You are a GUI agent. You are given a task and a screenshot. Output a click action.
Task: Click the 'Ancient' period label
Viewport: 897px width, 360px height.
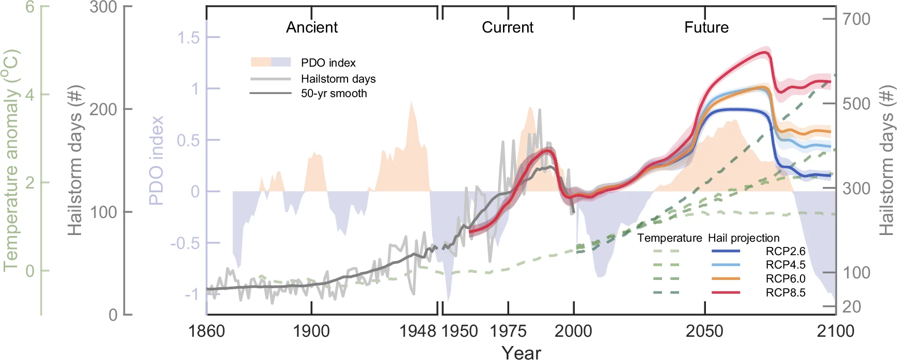(312, 27)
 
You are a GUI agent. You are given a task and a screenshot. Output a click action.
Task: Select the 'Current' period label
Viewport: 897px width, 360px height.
(507, 27)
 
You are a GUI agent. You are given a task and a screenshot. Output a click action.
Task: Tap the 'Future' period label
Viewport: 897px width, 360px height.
(706, 27)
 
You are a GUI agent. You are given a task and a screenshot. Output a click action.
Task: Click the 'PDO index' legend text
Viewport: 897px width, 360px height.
(328, 63)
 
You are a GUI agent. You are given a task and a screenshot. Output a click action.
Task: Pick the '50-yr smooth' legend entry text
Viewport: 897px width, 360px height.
(334, 93)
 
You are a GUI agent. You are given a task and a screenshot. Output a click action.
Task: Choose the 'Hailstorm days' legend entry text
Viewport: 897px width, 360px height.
(338, 79)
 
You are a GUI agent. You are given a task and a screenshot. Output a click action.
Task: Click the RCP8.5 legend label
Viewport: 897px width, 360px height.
(785, 293)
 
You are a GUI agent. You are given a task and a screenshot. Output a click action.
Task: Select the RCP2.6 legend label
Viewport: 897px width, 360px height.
(785, 252)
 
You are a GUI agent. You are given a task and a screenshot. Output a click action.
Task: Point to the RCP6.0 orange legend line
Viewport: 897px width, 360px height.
(726, 279)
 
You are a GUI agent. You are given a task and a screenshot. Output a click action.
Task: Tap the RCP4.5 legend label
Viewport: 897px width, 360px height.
(785, 265)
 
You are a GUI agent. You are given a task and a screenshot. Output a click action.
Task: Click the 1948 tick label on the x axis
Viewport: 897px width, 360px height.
(418, 331)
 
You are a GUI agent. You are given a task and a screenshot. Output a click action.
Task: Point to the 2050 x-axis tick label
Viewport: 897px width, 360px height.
(704, 331)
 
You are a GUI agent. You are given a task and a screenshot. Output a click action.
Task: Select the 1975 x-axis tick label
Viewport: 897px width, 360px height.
(508, 331)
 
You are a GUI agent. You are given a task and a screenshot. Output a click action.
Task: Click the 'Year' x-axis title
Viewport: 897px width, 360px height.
(521, 352)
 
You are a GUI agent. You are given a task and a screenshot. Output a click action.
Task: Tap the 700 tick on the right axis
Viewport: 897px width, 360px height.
(856, 19)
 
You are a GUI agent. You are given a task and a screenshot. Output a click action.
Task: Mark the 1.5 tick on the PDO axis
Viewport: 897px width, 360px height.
(188, 38)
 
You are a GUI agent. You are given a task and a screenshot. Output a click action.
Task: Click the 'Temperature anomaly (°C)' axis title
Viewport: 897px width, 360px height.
(11, 160)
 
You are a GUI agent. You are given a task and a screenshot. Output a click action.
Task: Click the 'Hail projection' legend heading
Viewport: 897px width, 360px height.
(743, 238)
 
